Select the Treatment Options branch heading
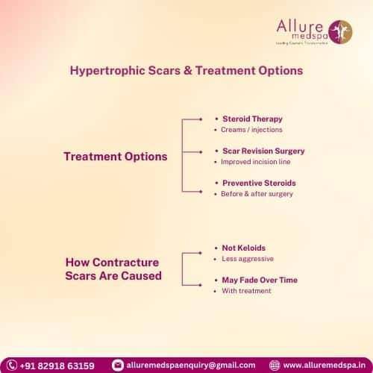click(116, 157)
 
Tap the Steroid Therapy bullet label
click(252, 119)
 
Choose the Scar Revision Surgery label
click(263, 151)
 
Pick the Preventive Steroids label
click(259, 182)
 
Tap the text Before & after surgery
click(257, 194)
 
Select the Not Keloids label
click(244, 247)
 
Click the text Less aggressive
click(248, 259)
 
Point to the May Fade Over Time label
click(260, 279)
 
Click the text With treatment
click(246, 290)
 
